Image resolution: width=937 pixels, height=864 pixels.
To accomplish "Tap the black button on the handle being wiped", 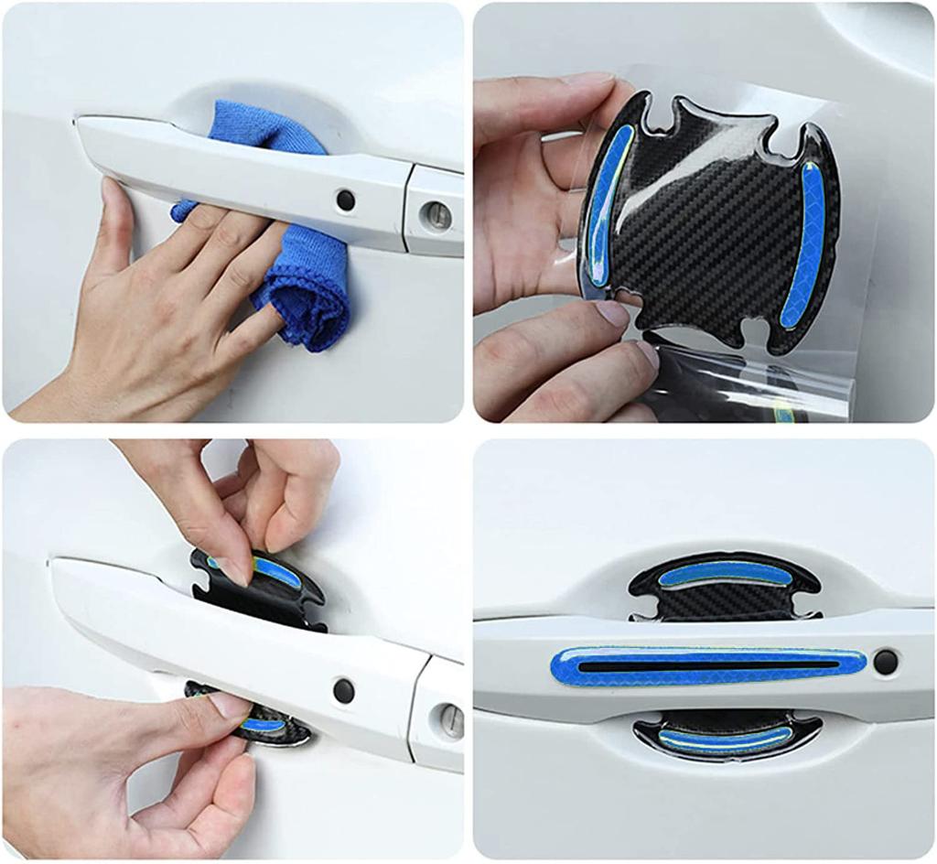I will [345, 200].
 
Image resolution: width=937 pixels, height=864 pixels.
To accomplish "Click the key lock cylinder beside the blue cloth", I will [436, 216].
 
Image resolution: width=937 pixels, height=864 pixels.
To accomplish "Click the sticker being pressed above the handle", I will [275, 586].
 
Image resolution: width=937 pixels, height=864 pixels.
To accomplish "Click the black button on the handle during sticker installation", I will [343, 691].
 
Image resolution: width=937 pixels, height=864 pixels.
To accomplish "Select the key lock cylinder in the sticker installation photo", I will [451, 720].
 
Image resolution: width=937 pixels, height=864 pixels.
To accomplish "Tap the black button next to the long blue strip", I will [885, 662].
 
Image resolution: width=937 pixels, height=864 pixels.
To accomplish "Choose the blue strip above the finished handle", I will [723, 574].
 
